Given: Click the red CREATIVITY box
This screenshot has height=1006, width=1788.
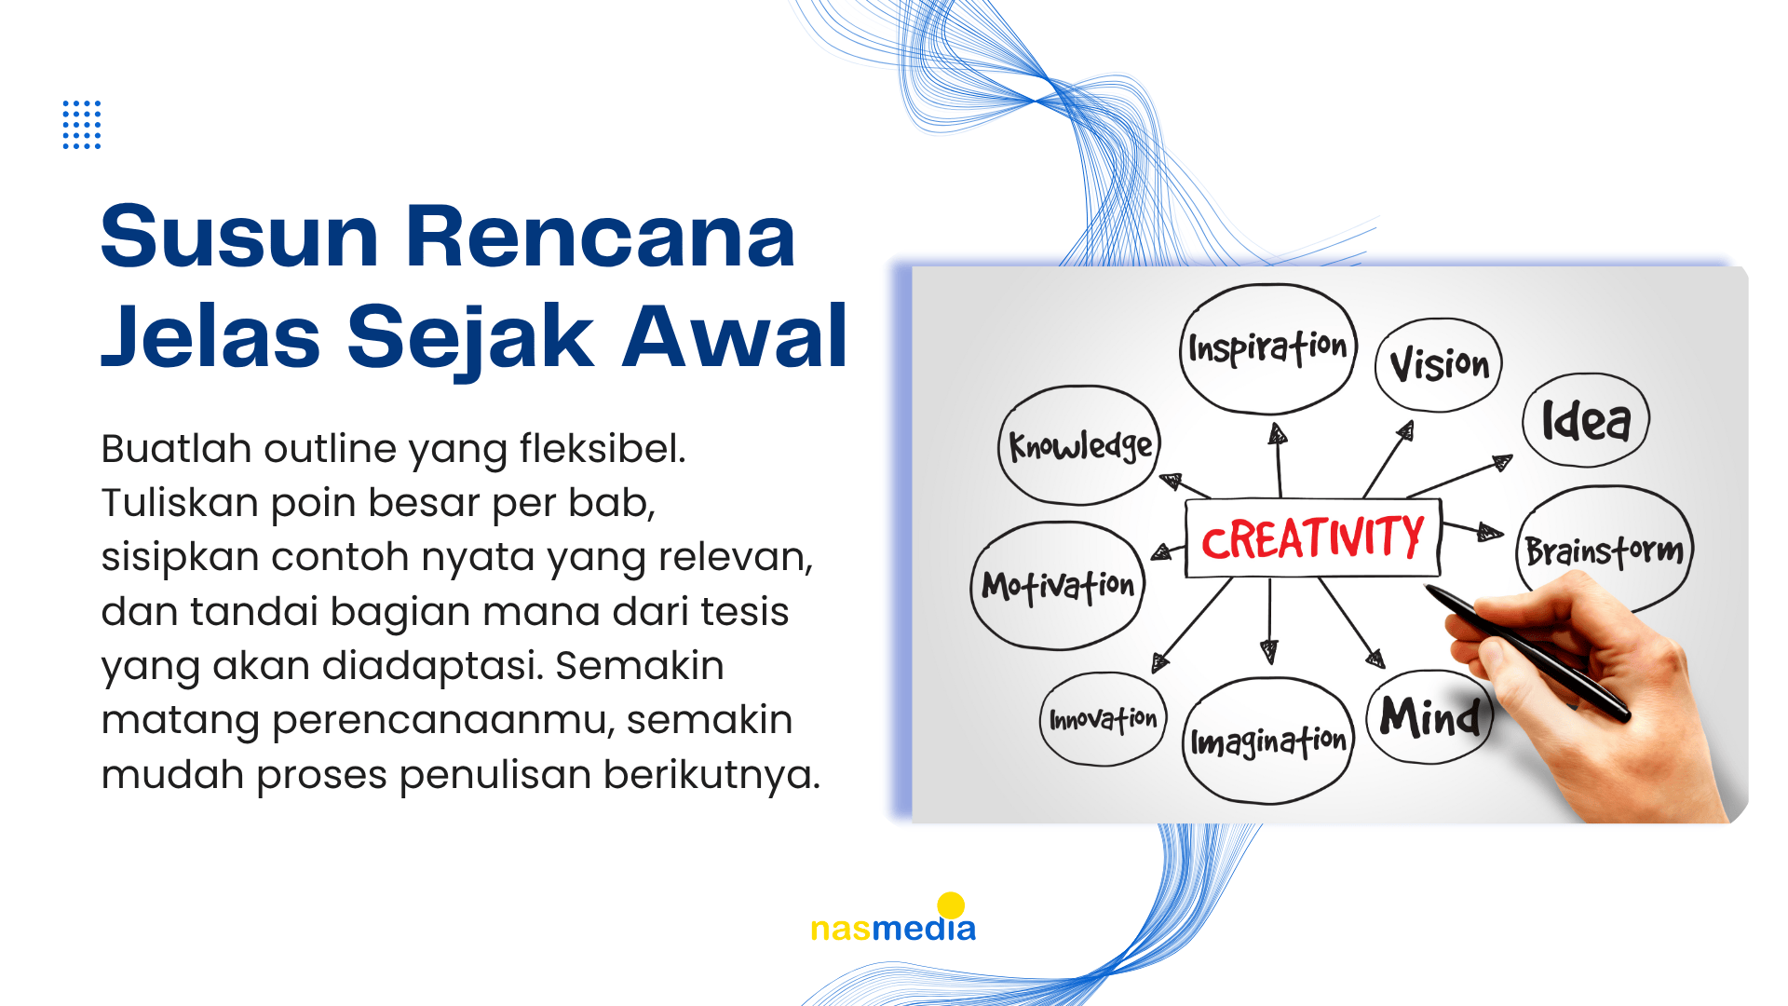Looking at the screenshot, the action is pyautogui.click(x=1313, y=538).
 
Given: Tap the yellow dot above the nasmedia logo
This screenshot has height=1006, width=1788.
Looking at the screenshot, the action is pyautogui.click(x=951, y=905).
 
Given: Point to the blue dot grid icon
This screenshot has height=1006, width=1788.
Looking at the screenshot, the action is pyautogui.click(x=82, y=125).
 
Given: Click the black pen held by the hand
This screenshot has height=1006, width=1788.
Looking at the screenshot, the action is pyautogui.click(x=1527, y=653).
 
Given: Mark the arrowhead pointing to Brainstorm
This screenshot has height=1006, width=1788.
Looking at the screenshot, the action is pyautogui.click(x=1490, y=533).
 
